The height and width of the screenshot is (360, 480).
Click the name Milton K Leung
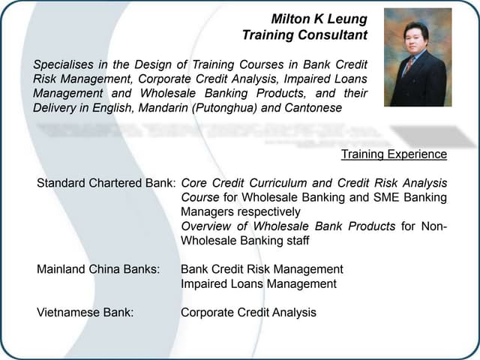[319, 18]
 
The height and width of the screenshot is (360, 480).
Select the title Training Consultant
[304, 34]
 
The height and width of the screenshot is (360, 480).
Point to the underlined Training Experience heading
[394, 154]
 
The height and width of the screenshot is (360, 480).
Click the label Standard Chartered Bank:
[106, 183]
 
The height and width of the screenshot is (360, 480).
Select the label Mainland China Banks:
[98, 269]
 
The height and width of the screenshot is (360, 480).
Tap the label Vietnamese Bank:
[85, 313]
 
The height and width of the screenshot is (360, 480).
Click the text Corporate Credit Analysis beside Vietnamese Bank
[248, 313]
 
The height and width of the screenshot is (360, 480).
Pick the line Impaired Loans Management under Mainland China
[259, 283]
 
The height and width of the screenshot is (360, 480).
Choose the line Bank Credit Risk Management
[262, 269]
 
